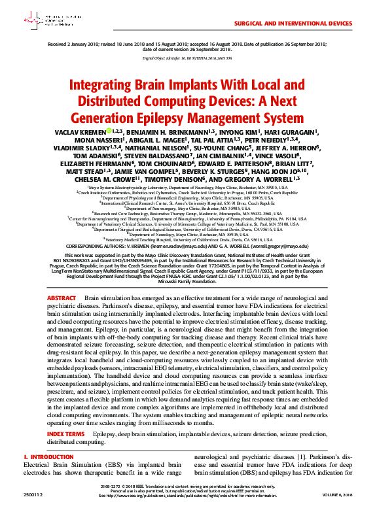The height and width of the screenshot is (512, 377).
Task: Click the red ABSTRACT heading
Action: pyautogui.click(x=62, y=298)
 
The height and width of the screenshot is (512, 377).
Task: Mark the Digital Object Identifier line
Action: pyautogui.click(x=188, y=58)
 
